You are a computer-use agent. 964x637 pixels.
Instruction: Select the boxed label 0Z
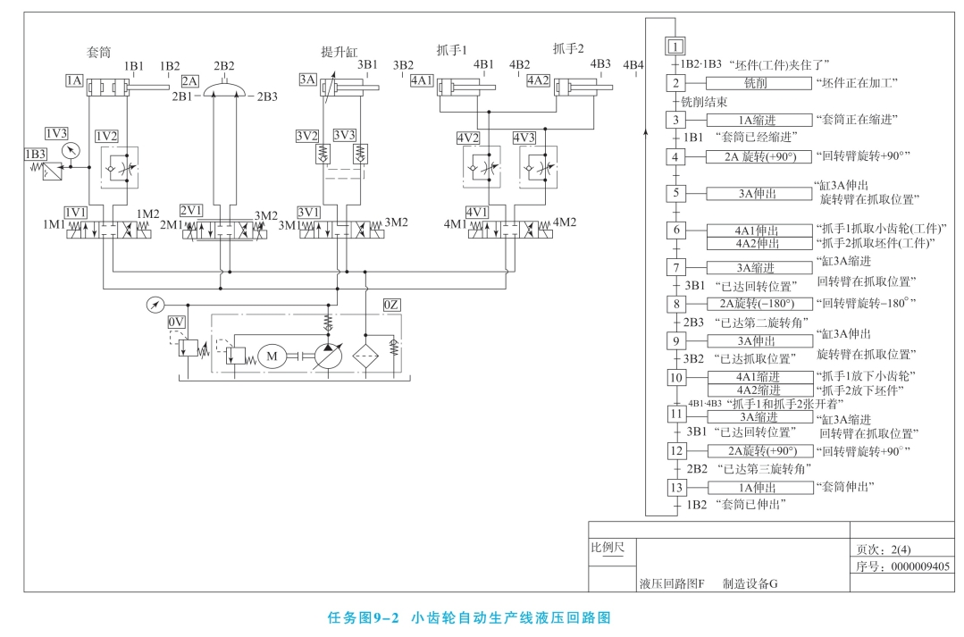tap(391, 306)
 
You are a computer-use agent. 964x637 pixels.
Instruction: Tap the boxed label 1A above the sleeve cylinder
tap(74, 80)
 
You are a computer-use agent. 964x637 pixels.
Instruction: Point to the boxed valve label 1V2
tap(106, 136)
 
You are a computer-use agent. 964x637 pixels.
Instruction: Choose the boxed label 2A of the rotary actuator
tap(189, 80)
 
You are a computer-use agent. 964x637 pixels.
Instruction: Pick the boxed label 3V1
tap(309, 212)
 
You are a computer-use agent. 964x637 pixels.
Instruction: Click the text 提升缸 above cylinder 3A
tap(339, 51)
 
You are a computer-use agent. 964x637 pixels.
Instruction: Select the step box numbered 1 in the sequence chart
tap(676, 46)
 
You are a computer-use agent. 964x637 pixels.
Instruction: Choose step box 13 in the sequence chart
tap(676, 487)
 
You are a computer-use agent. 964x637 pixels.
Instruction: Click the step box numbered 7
tap(676, 267)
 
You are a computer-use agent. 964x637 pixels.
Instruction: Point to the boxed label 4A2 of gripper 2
tap(538, 80)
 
